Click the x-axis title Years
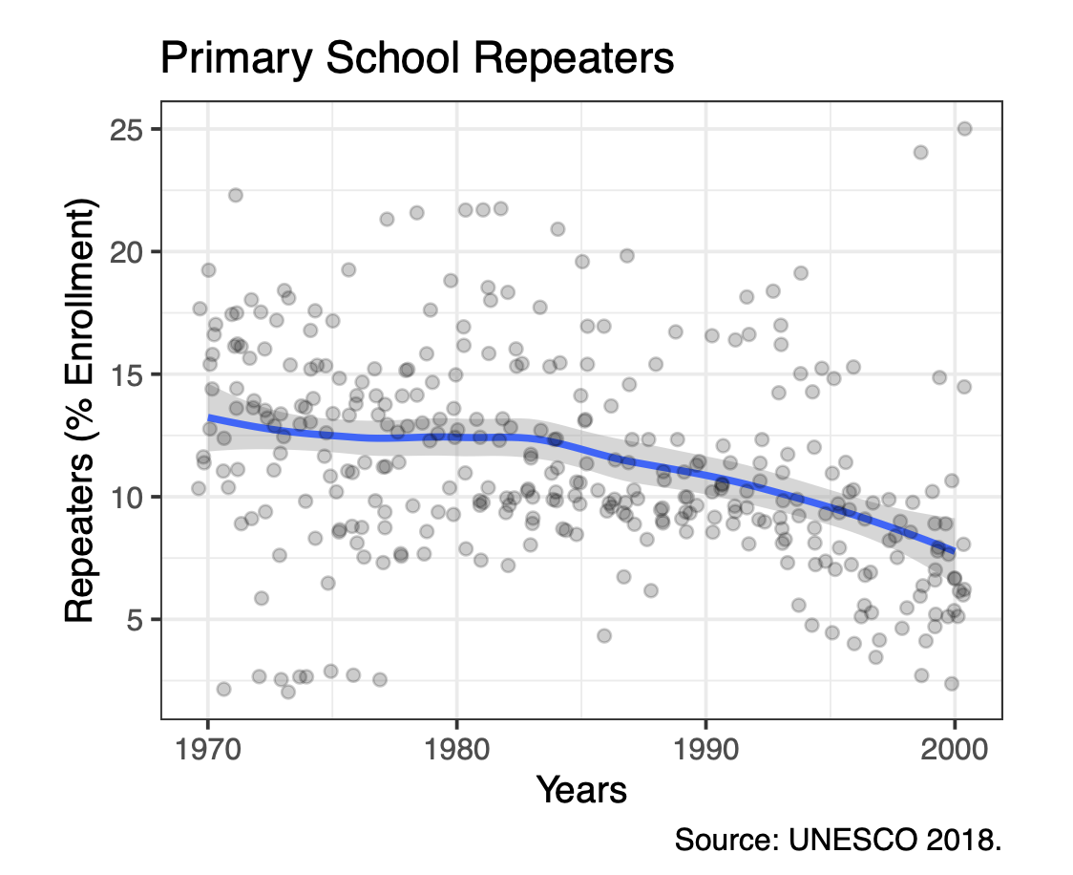[x=581, y=790]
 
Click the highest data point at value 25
[x=964, y=129]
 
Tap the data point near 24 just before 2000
[x=920, y=152]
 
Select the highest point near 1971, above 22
[x=235, y=195]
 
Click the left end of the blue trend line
[x=210, y=418]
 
